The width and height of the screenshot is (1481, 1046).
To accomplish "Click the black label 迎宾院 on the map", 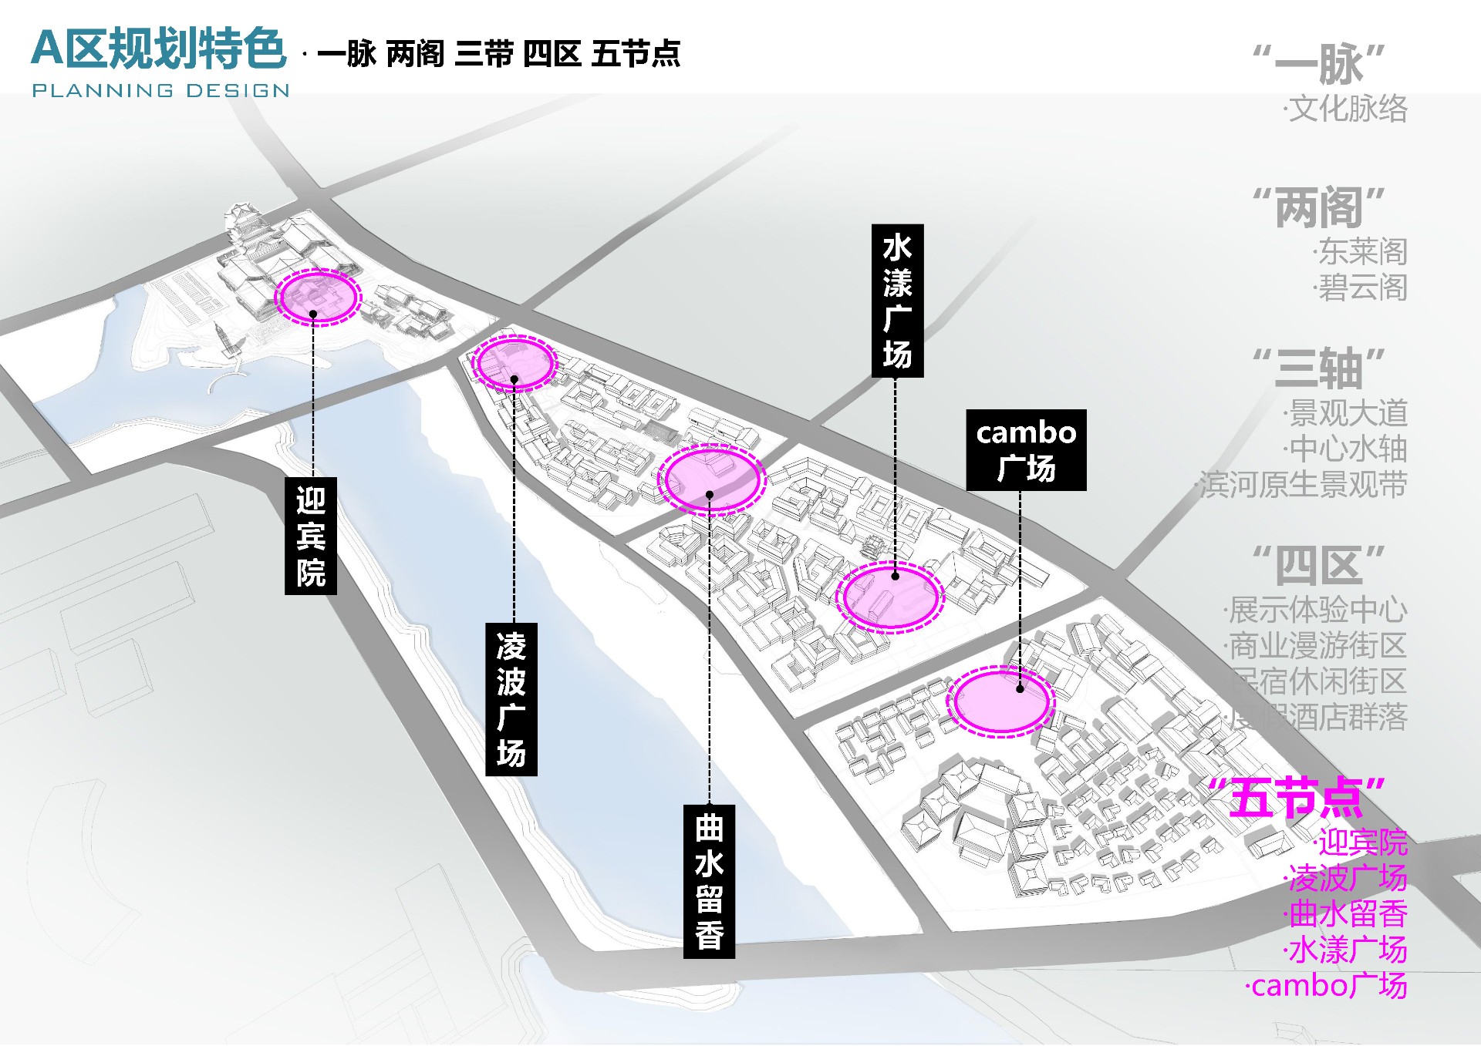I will pos(311,536).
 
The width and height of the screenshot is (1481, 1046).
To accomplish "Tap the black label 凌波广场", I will pos(511,698).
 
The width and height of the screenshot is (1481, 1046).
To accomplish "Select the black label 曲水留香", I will pos(709,881).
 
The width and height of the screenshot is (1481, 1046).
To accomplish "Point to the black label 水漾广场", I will pos(897,301).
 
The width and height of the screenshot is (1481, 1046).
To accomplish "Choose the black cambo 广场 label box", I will pos(1026,450).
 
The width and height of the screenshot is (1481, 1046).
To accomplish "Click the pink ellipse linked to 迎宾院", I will pos(318,297).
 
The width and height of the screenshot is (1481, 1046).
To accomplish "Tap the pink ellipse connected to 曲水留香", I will pos(711,478).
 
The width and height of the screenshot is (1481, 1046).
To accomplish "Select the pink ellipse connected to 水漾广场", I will pos(891,597).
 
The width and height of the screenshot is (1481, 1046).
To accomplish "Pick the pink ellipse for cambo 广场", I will pos(1000,701).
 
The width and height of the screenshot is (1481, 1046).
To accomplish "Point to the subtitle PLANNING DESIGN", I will pos(160,90).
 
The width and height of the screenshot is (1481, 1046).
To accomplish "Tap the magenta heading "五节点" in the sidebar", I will pos(1296,798).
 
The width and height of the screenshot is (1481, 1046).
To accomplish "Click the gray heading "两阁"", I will pos(1319,208).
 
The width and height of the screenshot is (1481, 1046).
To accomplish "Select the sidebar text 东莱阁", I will pos(1361,251).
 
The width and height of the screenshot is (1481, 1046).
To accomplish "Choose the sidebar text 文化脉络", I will pos(1347,109).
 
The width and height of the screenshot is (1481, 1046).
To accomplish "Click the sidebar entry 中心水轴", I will pos(1347,449).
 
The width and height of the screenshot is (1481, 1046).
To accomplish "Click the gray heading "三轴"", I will pos(1319,368).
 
